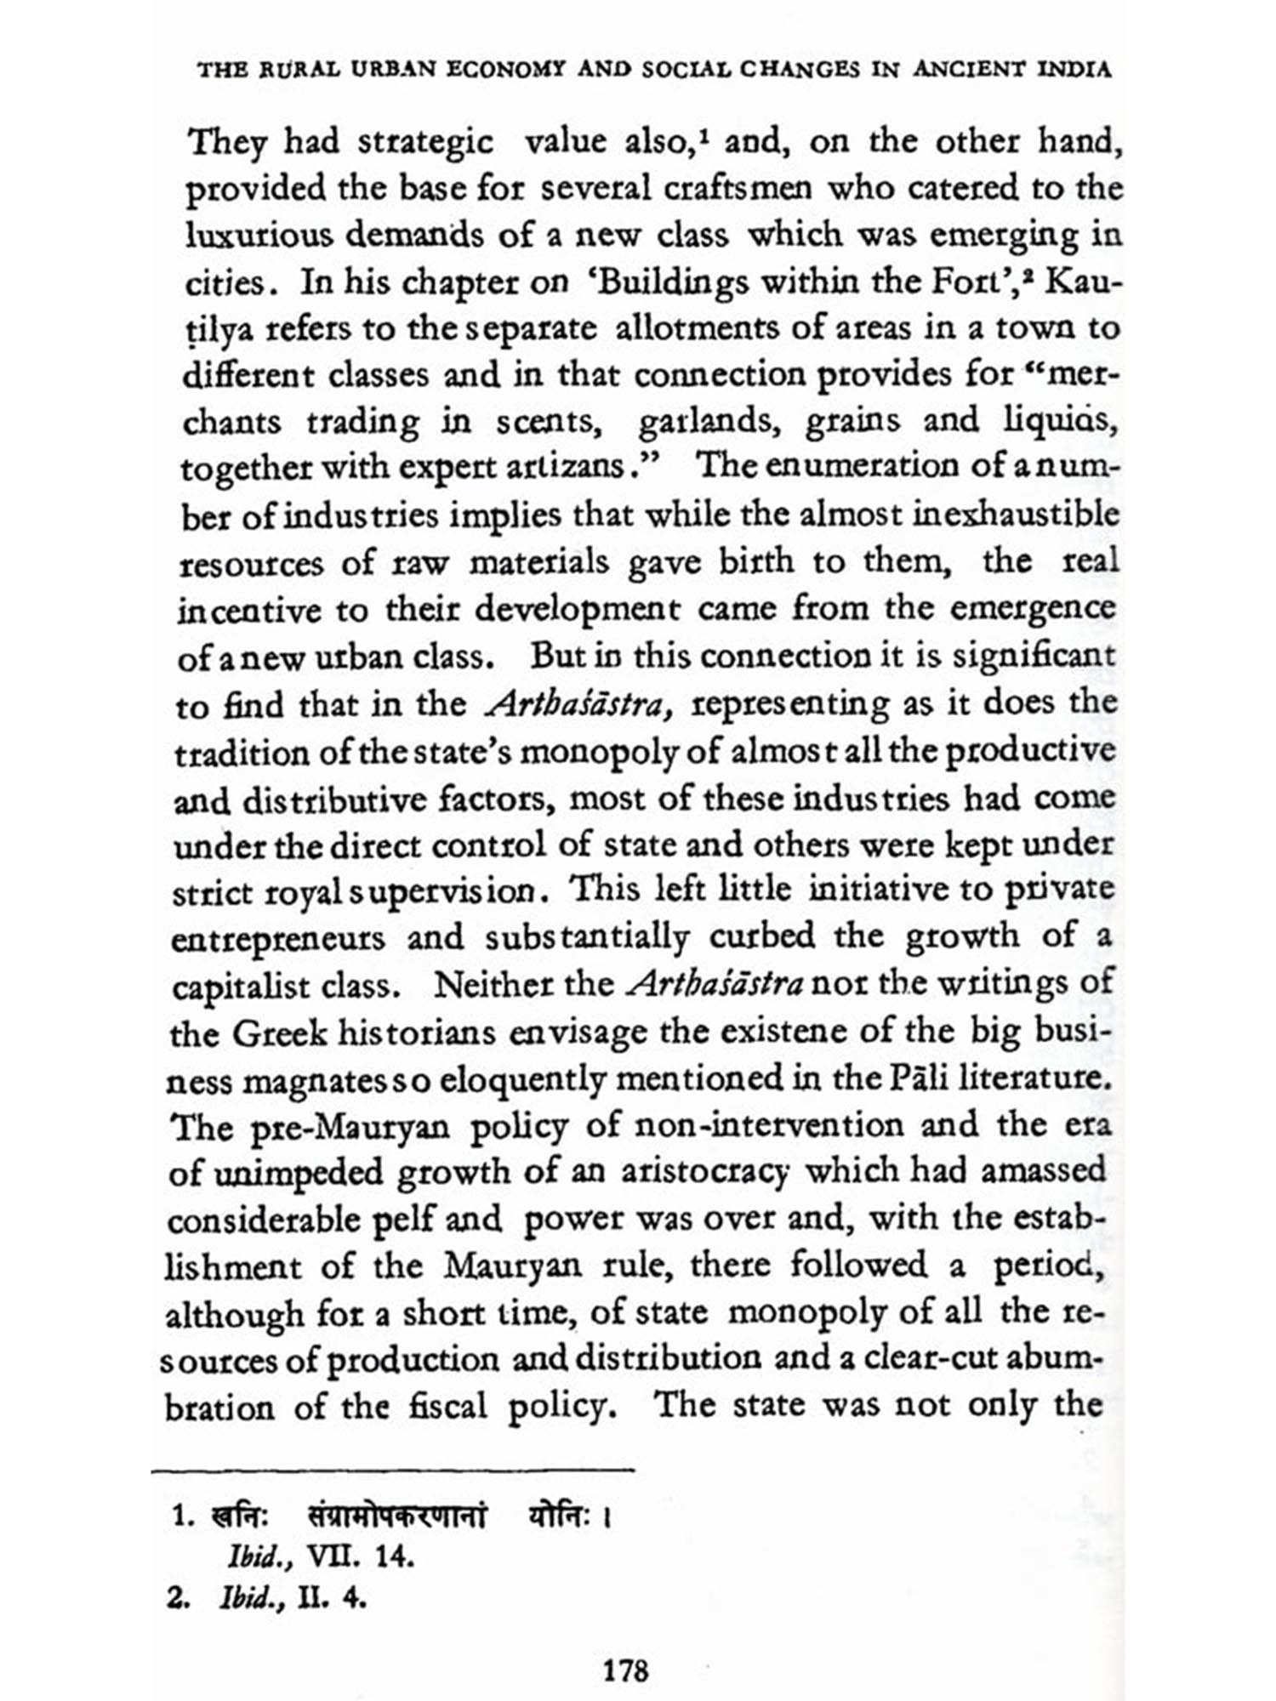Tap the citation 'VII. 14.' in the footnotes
point(360,1556)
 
